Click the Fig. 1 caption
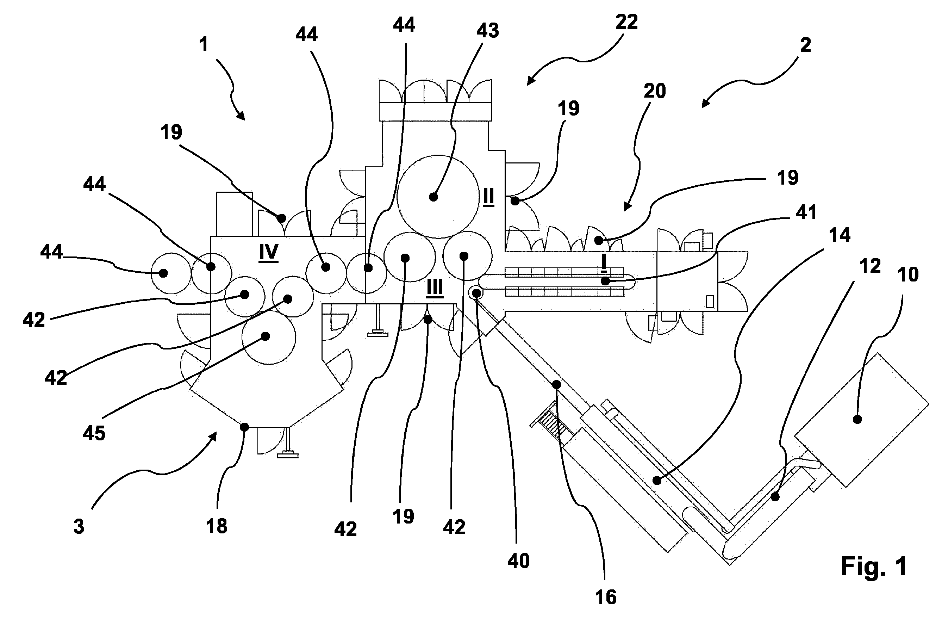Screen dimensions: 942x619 874,566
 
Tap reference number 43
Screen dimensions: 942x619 488,31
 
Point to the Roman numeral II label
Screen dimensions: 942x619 488,197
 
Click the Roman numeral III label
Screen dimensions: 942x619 435,288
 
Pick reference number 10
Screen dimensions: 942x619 908,274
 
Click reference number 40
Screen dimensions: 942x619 518,561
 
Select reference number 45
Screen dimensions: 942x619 94,433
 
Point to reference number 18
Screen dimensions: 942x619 217,526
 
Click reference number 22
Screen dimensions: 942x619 626,22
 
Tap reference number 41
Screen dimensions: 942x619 806,213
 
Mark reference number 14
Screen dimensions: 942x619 840,235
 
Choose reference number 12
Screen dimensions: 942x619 870,266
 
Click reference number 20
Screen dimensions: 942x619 655,91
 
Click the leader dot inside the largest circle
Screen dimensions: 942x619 433,197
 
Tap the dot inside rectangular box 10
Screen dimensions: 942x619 857,419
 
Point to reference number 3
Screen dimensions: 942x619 79,527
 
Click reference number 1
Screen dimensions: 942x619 204,44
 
